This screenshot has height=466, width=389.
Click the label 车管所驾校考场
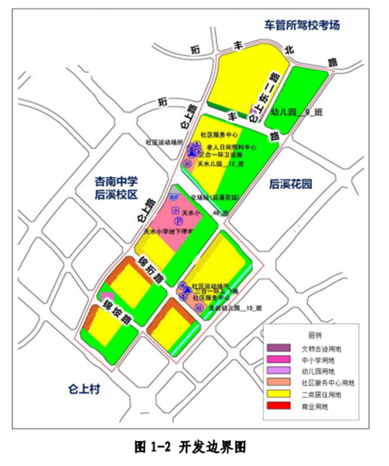coord(301,26)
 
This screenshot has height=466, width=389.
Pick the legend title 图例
coord(314,335)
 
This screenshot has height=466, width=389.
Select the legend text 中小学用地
coord(318,360)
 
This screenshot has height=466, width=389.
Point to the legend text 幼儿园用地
coord(318,372)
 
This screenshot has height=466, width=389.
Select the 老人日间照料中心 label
coord(233,148)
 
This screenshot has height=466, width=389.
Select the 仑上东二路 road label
coord(265,97)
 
